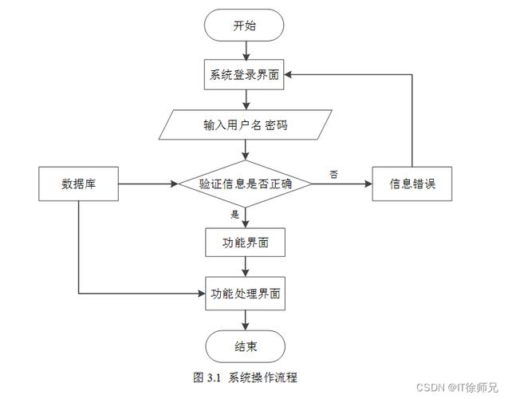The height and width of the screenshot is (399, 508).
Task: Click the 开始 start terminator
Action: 245,26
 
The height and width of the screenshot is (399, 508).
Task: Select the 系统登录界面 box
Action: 245,75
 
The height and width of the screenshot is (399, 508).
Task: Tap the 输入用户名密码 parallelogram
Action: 245,126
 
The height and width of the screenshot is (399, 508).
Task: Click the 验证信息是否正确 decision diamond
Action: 245,184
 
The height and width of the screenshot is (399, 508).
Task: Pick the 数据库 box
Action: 78,184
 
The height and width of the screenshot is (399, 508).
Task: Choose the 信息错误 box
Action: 412,184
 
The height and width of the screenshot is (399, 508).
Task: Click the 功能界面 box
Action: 245,241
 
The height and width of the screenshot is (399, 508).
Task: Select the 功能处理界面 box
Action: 245,294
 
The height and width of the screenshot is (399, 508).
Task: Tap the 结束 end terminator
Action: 245,347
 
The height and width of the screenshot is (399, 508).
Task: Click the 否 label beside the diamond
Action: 333,173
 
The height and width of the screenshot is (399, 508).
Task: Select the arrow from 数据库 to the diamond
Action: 148,184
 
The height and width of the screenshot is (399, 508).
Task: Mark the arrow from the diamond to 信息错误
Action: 341,184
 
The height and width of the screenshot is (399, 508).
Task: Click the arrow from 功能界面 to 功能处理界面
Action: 245,267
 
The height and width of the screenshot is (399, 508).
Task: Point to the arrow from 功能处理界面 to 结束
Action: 245,320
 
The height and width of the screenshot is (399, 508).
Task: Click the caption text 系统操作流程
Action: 262,377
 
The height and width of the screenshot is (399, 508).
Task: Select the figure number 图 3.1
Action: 207,377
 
